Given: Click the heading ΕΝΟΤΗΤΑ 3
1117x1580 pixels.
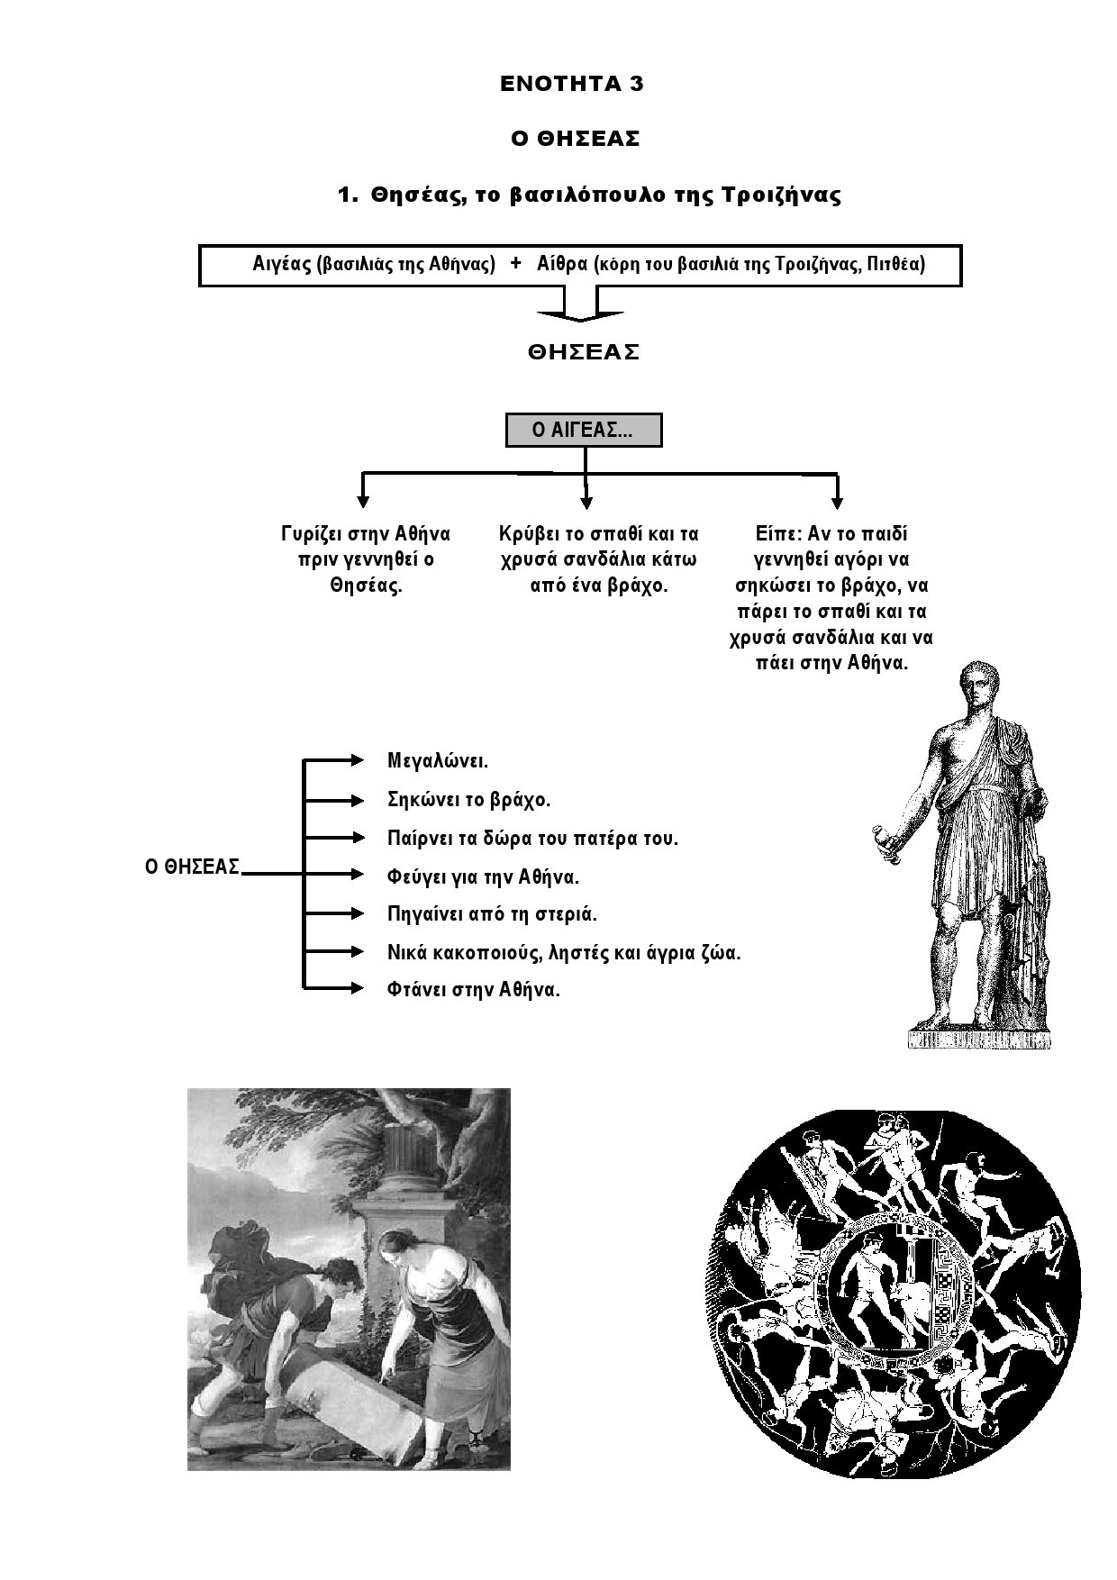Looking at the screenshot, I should click(x=572, y=85).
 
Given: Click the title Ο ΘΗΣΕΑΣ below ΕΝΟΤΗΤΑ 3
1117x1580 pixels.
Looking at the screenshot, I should click(x=576, y=139).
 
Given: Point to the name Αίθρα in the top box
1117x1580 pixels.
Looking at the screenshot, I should click(x=561, y=264).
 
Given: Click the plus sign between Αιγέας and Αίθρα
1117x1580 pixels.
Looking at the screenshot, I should click(x=516, y=263).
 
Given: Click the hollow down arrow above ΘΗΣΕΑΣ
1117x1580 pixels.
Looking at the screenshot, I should click(x=580, y=305).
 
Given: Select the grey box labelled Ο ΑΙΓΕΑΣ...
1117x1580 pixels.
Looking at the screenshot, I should click(x=584, y=431).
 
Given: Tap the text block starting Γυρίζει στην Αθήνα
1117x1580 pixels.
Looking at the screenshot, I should click(x=366, y=559).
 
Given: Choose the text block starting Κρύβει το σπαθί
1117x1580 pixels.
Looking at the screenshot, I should click(x=598, y=559).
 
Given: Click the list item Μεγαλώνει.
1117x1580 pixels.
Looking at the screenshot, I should click(x=438, y=760).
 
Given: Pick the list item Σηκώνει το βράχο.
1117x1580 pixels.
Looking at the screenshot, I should click(x=468, y=799).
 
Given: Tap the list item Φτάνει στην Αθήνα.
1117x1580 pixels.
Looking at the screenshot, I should click(x=474, y=989).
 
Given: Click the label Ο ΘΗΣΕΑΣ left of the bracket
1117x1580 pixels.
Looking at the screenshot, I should click(x=193, y=867).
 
